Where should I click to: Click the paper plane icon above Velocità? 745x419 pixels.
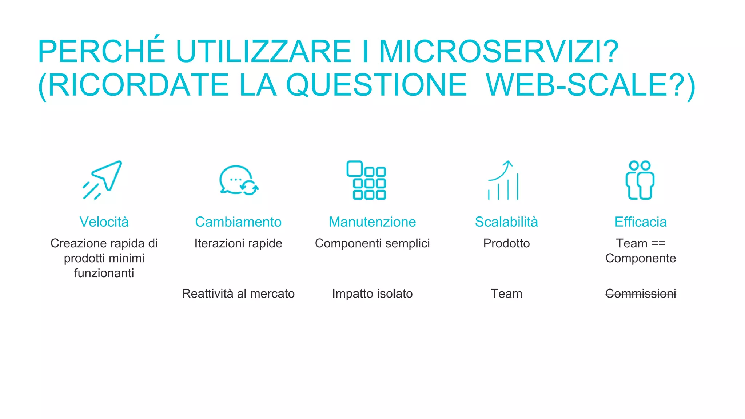pyautogui.click(x=103, y=180)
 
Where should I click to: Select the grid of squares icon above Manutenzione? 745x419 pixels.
pyautogui.click(x=366, y=180)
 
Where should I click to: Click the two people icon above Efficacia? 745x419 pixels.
pyautogui.click(x=640, y=180)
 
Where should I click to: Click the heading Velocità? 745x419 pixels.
pyautogui.click(x=104, y=222)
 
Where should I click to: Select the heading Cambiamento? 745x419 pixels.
pyautogui.click(x=238, y=222)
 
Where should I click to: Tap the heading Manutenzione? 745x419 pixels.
pyautogui.click(x=372, y=222)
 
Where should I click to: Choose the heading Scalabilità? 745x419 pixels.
pyautogui.click(x=506, y=222)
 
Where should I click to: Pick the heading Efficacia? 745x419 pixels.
pyautogui.click(x=641, y=222)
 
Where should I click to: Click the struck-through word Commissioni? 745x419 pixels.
pyautogui.click(x=641, y=294)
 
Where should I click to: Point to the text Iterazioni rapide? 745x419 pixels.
pyautogui.click(x=238, y=243)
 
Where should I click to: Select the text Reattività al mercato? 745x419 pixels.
pyautogui.click(x=238, y=294)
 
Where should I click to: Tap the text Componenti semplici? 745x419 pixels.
pyautogui.click(x=372, y=243)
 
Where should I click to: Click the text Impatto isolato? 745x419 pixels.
pyautogui.click(x=372, y=294)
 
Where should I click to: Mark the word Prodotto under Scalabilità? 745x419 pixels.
pyautogui.click(x=506, y=243)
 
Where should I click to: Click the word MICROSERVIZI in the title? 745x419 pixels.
pyautogui.click(x=499, y=51)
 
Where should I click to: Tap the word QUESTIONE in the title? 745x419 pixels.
pyautogui.click(x=377, y=85)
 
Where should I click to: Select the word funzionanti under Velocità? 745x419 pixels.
pyautogui.click(x=104, y=273)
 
